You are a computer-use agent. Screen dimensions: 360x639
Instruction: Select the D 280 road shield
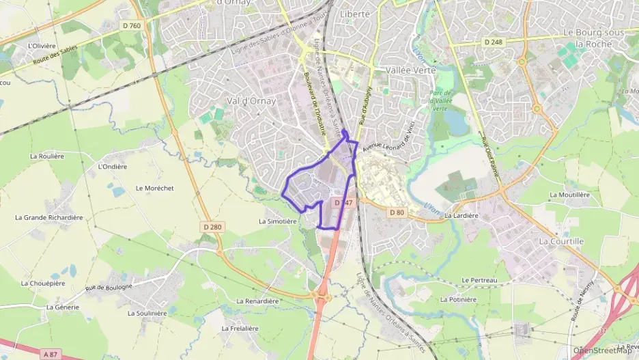point(212,227)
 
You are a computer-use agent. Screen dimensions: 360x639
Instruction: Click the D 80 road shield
point(397,212)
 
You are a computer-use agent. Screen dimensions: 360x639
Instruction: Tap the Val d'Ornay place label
point(251,101)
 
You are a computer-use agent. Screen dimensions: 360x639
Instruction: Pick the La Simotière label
point(277,221)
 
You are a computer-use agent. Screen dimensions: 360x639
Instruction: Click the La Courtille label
point(561,241)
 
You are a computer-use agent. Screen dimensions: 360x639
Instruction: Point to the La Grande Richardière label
point(48,218)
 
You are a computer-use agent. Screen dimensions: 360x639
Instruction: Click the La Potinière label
point(458,299)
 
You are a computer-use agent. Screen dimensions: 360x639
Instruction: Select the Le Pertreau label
point(477,280)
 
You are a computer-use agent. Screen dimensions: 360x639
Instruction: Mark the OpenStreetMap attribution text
point(602,351)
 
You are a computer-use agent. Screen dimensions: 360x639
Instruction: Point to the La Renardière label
point(257,301)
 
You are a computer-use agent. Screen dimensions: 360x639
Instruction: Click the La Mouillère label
point(569,195)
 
